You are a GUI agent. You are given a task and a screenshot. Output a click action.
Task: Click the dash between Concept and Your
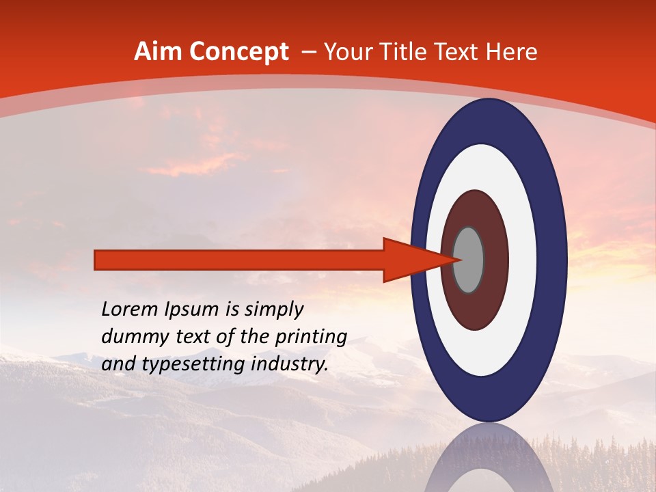pyautogui.click(x=308, y=53)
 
